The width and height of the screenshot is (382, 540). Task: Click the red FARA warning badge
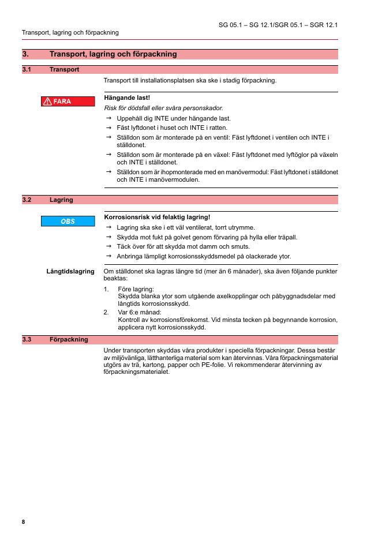(68, 102)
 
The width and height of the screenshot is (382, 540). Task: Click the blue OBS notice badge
(68, 221)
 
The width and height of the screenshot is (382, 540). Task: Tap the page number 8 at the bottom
(24, 522)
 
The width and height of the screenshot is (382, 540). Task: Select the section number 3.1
(27, 69)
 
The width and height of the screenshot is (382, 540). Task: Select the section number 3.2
(27, 200)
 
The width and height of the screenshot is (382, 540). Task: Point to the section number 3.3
(27, 339)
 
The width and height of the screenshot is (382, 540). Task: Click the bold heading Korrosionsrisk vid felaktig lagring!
(156, 217)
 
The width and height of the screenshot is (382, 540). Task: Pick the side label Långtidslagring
(70, 271)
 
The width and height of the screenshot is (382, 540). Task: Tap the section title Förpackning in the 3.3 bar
(69, 339)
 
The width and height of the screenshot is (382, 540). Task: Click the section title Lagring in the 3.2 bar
(61, 200)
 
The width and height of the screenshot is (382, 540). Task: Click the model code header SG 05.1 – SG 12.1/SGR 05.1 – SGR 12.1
(278, 25)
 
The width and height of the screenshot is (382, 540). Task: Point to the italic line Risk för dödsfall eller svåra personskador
(163, 108)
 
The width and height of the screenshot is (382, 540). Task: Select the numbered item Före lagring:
(136, 288)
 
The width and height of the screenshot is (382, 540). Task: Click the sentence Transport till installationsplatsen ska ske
(189, 80)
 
